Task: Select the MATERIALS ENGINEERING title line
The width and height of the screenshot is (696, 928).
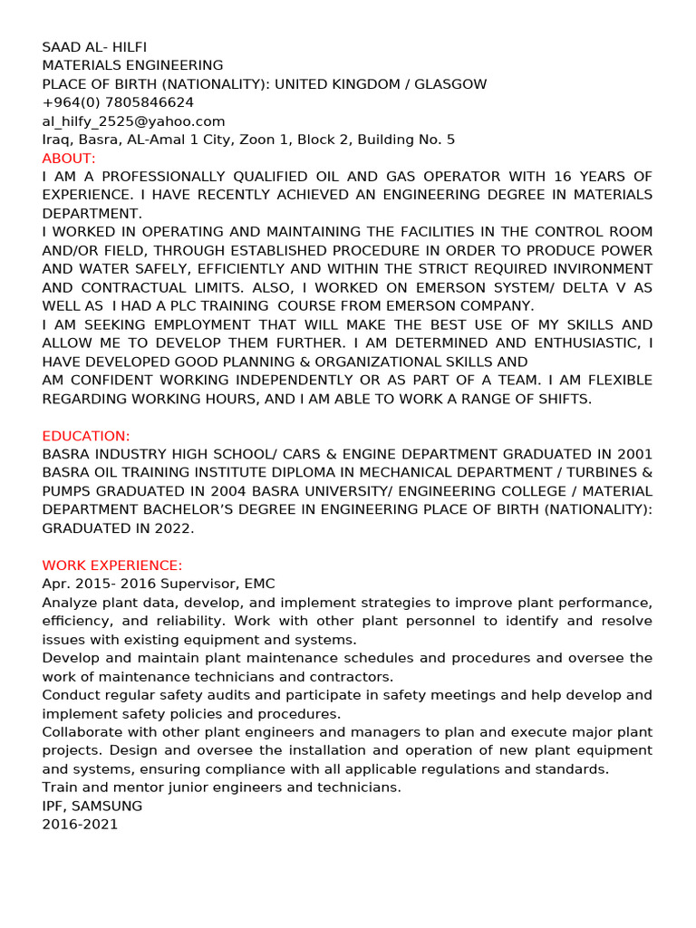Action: [132, 65]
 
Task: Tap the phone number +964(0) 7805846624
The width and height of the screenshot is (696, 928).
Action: [118, 102]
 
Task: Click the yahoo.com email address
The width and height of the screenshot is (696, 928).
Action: [133, 121]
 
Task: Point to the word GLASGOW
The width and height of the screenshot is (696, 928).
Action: [450, 84]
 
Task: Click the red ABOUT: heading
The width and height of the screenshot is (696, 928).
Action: [69, 159]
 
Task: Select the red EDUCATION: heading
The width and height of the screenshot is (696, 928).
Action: [86, 436]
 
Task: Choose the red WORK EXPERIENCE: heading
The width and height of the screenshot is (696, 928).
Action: [112, 565]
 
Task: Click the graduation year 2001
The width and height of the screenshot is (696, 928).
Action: [633, 454]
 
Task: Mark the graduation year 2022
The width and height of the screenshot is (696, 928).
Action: [172, 528]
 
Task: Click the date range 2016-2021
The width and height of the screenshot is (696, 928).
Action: [80, 825]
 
